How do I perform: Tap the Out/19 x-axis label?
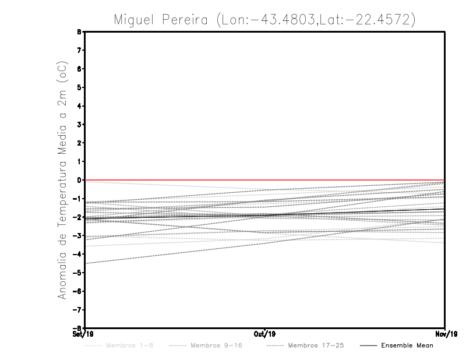tap(264, 334)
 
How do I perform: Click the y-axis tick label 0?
tap(79, 180)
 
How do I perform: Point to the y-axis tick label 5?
tap(79, 87)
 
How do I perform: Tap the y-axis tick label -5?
tap(77, 273)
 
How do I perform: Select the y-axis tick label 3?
tap(79, 125)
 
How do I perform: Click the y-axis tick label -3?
tap(77, 236)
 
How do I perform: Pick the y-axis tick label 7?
tap(79, 50)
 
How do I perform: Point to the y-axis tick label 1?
tap(79, 161)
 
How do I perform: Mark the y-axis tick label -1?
tap(77, 199)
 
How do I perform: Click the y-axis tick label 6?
tap(79, 69)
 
